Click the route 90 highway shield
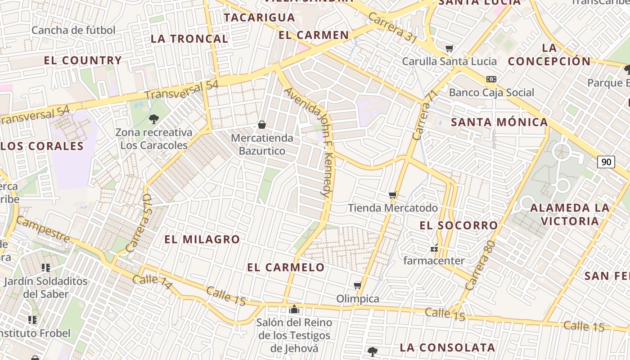tap(606, 162)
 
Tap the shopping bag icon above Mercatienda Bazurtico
tap(262, 124)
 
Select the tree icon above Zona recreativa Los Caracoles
tap(154, 119)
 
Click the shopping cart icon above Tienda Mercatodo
tap(393, 195)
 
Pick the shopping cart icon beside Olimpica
tap(358, 285)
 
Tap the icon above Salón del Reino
tap(294, 309)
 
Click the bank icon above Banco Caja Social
tap(491, 79)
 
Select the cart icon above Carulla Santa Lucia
tap(449, 48)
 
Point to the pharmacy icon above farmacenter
tap(434, 247)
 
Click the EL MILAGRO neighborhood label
tap(202, 239)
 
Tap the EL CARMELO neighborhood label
tap(286, 267)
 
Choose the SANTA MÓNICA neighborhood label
tap(499, 122)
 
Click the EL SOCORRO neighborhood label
tap(459, 225)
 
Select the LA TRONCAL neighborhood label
tap(189, 39)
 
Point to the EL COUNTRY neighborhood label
tap(83, 60)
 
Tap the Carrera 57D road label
tap(139, 223)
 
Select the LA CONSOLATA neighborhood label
tap(447, 347)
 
